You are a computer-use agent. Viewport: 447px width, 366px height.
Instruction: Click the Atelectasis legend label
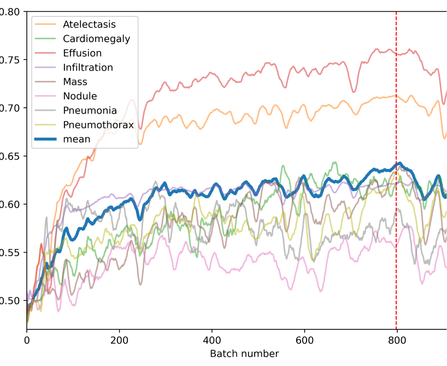coord(89,24)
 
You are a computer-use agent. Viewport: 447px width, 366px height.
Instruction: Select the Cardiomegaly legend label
coord(96,39)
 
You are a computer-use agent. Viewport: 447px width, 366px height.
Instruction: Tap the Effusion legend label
coord(82,53)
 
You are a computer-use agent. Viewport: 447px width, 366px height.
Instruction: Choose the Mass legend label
coord(75,82)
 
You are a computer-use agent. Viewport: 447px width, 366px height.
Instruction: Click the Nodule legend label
coord(80,96)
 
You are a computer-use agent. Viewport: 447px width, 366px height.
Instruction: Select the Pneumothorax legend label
coord(98,125)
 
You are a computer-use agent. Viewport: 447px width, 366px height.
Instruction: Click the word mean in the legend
coord(77,139)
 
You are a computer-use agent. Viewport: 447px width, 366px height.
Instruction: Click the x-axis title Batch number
coord(244,353)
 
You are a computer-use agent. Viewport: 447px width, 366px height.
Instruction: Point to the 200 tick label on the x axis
coord(119,339)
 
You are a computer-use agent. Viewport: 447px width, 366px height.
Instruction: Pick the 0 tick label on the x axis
coord(27,339)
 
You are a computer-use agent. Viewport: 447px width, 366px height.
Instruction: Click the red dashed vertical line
coord(396,219)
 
